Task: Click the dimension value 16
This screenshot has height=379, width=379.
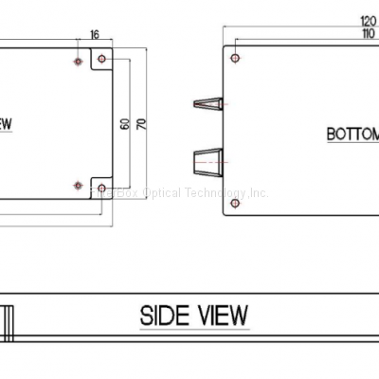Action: pos(94,34)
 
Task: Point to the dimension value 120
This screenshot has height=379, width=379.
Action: pos(369,20)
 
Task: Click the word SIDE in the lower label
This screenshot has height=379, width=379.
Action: pos(167,315)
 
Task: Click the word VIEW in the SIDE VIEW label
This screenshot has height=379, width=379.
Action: pos(222,315)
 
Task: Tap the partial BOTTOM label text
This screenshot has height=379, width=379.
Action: pos(352,134)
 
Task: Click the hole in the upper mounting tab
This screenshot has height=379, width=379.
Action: pos(101,61)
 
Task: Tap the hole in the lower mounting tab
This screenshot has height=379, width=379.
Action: pos(101,185)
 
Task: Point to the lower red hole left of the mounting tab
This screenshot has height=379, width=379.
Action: pos(77,185)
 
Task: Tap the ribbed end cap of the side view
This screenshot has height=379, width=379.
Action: pos(9,320)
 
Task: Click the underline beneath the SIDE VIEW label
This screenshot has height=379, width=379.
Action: pos(194,328)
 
